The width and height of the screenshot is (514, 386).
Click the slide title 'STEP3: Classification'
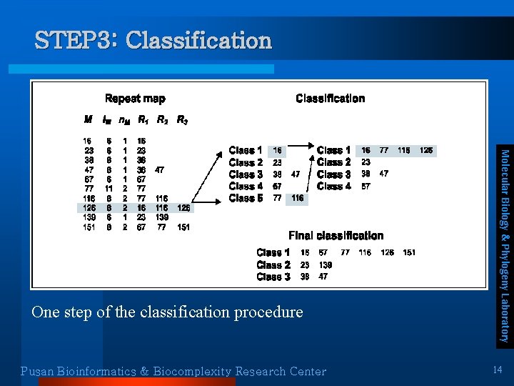pos(153,40)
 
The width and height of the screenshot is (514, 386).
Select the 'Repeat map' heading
pos(135,99)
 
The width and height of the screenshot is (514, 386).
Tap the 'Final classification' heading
pos(336,235)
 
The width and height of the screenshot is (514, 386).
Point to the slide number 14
pos(498,369)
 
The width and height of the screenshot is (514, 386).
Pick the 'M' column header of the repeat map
pos(88,119)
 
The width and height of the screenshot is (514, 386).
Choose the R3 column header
pos(182,119)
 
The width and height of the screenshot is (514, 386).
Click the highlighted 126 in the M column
pos(89,208)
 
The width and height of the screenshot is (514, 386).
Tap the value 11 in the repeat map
pos(109,189)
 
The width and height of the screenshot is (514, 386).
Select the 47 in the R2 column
pos(161,170)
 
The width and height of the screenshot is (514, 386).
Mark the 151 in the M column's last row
pos(89,227)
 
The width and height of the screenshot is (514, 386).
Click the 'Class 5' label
pos(246,198)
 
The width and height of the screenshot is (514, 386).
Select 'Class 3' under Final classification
pos(273,277)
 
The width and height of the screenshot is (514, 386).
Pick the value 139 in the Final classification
pos(326,264)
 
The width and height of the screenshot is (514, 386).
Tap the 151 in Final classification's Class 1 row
pos(409,252)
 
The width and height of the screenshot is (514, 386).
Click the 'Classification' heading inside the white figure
pos(330,99)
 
